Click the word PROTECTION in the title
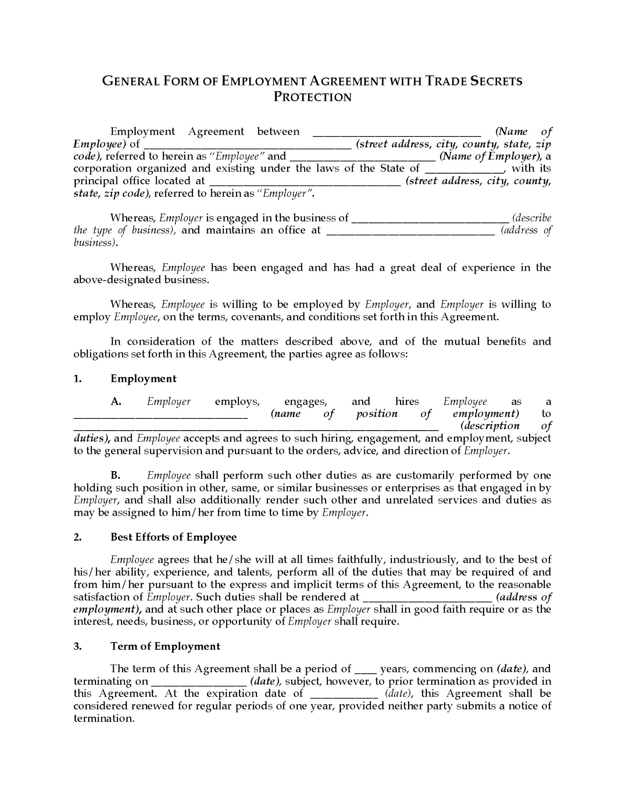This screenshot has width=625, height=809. click(x=312, y=97)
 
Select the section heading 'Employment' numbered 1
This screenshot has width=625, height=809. click(x=143, y=378)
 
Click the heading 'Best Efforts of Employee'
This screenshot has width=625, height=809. click(x=173, y=537)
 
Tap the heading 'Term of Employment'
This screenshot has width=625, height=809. click(x=165, y=646)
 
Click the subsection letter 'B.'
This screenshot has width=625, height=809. click(x=116, y=475)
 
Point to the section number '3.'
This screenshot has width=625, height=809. click(x=78, y=646)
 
